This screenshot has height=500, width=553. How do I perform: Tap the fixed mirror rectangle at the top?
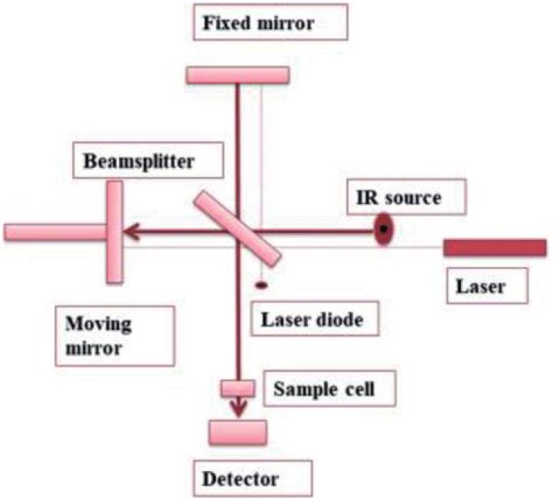tap(238, 74)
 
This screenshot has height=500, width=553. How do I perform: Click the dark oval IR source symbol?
tap(383, 229)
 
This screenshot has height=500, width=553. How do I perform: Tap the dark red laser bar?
tap(495, 247)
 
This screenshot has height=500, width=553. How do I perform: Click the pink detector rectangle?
tap(238, 433)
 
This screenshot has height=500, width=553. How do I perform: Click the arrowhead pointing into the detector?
tap(239, 411)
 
